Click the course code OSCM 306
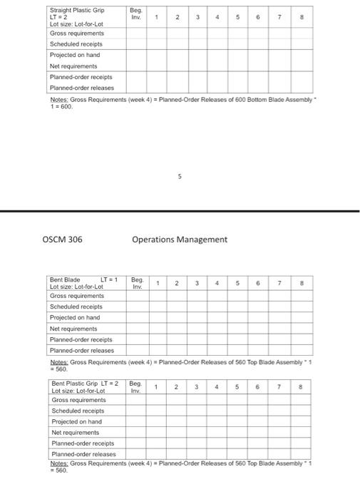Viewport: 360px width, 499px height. (x=62, y=240)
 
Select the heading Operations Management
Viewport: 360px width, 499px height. (x=180, y=240)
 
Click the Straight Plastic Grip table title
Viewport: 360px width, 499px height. (x=76, y=10)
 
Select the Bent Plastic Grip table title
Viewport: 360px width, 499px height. (x=85, y=384)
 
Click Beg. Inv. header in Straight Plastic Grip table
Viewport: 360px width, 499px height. (x=136, y=14)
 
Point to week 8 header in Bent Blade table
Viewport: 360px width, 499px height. (x=302, y=283)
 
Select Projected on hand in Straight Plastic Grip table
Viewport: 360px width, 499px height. (x=74, y=55)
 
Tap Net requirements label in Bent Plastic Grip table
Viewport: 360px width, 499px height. (x=75, y=432)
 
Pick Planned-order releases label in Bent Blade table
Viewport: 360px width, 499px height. (x=81, y=350)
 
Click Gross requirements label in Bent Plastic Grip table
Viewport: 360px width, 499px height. (x=78, y=400)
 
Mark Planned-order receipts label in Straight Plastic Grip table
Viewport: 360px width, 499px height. (x=81, y=76)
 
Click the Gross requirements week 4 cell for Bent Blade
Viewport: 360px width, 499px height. (x=217, y=295)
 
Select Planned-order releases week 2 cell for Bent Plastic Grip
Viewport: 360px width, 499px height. (x=177, y=453)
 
